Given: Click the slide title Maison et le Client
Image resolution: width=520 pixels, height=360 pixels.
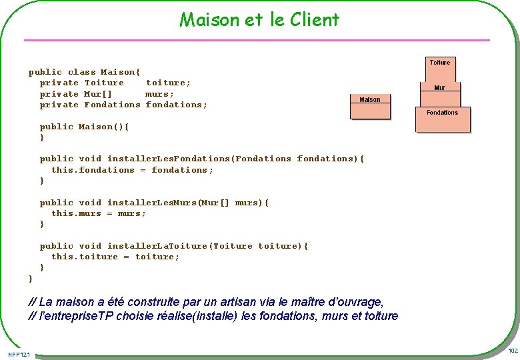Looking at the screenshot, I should (259, 19).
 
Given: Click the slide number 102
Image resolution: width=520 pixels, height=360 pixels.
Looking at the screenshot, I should (513, 351).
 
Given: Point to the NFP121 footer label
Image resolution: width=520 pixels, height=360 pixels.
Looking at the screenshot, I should (19, 353).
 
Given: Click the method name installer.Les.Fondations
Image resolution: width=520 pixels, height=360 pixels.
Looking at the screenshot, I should (169, 159).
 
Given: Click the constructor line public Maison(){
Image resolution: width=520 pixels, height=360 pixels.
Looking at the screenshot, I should (84, 127).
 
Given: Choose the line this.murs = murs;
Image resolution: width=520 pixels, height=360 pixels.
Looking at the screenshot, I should (99, 213).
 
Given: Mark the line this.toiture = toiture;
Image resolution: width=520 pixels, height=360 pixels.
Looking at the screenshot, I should (115, 257).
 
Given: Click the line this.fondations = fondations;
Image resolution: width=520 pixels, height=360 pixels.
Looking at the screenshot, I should (132, 170).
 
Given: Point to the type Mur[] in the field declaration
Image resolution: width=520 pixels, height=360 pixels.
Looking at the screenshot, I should (97, 94).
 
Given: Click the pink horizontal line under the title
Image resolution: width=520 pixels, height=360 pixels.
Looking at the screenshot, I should (257, 41).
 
